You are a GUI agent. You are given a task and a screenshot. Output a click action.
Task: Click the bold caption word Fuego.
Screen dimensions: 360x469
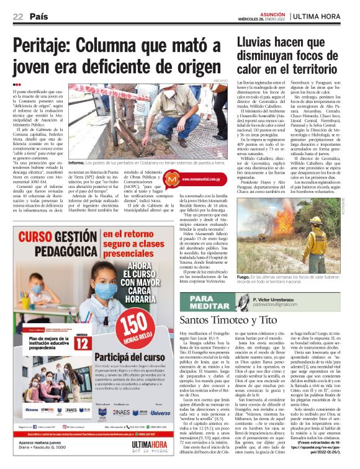pyautogui.click(x=244, y=277)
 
